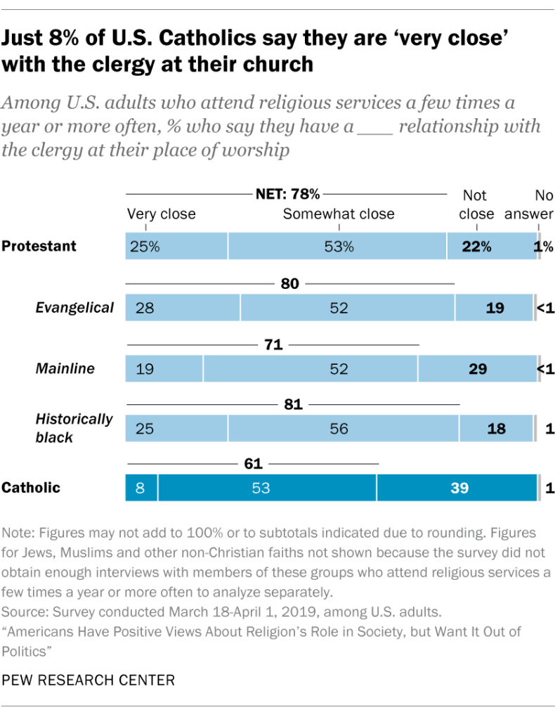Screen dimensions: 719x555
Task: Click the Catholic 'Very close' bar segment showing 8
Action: pos(141,488)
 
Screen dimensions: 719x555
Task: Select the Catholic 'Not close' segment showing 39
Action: pos(457,488)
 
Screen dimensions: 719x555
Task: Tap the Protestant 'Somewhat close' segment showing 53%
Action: pos(337,247)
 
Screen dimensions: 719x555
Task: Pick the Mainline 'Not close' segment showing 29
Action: pos(476,368)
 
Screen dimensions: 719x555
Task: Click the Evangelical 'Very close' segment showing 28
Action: pos(183,308)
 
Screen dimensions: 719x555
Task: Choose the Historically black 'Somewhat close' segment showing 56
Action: pos(343,428)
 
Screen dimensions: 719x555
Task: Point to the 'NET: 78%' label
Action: pos(287,193)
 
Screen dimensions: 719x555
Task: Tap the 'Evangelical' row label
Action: pos(75,307)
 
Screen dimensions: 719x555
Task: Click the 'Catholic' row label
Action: pos(31,488)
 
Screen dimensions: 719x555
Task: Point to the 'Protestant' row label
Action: pos(39,246)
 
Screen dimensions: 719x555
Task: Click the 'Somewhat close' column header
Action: pos(339,214)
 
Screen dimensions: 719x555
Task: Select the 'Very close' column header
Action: pos(161,214)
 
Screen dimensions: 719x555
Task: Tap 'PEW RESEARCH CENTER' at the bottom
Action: pos(89,680)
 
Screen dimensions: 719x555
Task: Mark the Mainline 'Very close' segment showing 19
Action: pos(164,368)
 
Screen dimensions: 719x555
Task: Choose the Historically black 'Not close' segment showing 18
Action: pos(496,428)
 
